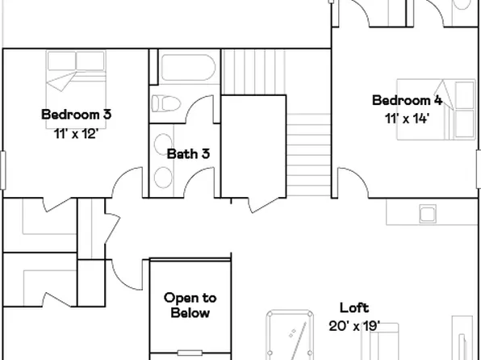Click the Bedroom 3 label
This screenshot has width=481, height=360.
pyautogui.click(x=76, y=114)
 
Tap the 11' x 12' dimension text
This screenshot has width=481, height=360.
pyautogui.click(x=76, y=134)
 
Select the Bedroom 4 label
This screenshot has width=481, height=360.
pyautogui.click(x=406, y=100)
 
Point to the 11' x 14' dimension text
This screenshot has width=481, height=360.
pyautogui.click(x=406, y=119)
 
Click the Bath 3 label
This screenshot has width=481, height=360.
pyautogui.click(x=188, y=153)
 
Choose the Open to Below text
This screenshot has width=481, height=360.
pyautogui.click(x=190, y=305)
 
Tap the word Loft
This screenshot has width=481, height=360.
pyautogui.click(x=353, y=308)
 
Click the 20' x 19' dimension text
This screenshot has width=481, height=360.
pyautogui.click(x=353, y=326)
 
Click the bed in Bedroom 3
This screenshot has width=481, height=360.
pyautogui.click(x=75, y=70)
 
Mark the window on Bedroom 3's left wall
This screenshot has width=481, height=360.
pyautogui.click(x=2, y=170)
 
